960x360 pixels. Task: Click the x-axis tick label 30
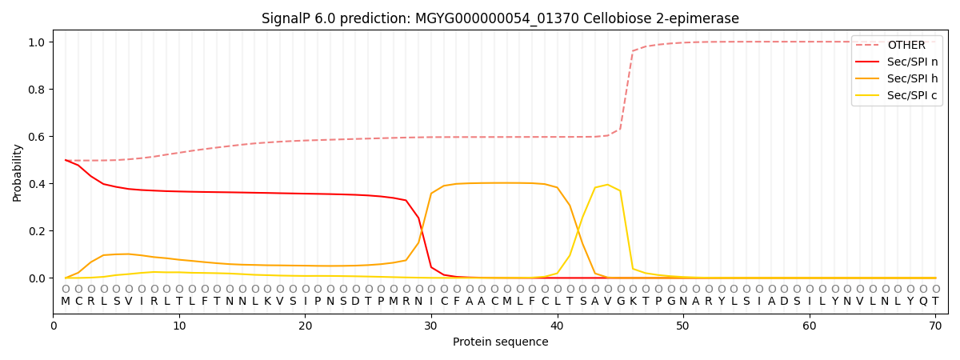(431, 326)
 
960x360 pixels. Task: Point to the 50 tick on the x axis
(683, 326)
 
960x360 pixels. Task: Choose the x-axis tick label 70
(935, 326)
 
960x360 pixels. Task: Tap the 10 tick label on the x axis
(179, 326)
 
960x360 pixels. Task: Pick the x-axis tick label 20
(305, 326)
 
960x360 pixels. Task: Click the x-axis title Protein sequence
(500, 342)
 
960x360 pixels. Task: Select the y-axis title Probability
(18, 172)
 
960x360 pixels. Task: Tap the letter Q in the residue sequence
(922, 302)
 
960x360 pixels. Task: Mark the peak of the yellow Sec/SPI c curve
(607, 185)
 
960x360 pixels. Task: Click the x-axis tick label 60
(810, 326)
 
